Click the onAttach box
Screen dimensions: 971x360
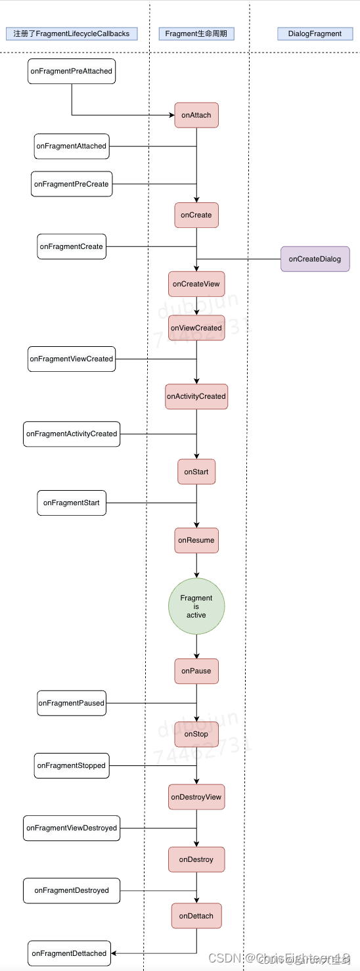tap(196, 115)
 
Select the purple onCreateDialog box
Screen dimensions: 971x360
tap(315, 259)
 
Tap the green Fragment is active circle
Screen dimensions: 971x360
tap(196, 606)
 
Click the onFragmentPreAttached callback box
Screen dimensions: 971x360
tap(72, 71)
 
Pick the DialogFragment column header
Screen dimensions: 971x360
tap(315, 34)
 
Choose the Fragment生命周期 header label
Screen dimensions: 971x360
tap(196, 34)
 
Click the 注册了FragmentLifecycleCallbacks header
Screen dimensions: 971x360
tap(72, 34)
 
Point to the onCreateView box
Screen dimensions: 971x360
tap(196, 284)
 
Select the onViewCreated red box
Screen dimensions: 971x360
tap(196, 328)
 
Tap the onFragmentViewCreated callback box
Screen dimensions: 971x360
tap(72, 359)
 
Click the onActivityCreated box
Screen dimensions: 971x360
tap(196, 396)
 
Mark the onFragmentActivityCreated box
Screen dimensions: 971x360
tap(72, 434)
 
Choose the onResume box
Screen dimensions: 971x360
tap(196, 540)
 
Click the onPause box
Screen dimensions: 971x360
tap(196, 671)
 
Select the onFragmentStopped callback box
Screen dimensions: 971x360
tap(72, 765)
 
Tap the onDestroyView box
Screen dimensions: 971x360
tap(196, 797)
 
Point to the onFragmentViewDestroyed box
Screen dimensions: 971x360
tap(72, 828)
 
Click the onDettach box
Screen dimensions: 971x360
tap(196, 916)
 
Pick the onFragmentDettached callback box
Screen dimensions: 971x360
tap(69, 953)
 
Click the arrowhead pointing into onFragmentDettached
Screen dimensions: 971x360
tap(114, 953)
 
